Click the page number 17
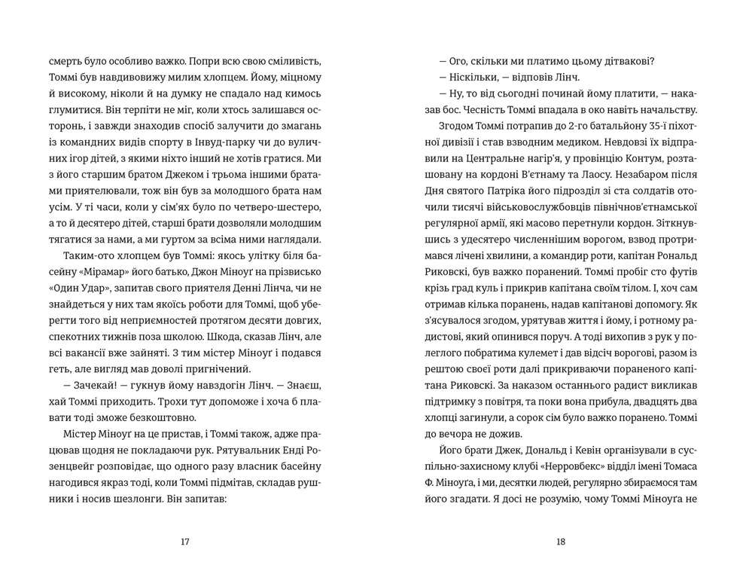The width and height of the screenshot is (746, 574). point(186,541)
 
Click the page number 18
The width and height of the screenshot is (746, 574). point(560,541)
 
